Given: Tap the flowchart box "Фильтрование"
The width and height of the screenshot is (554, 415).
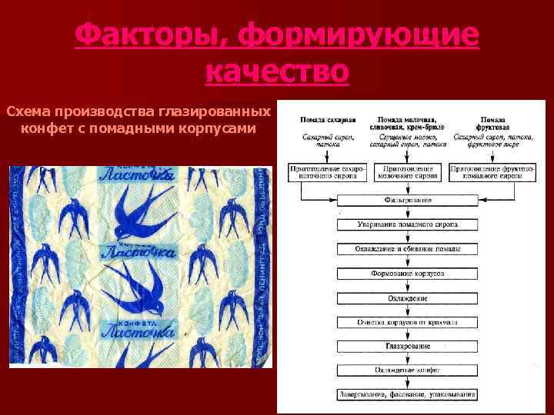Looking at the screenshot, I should tap(408, 201).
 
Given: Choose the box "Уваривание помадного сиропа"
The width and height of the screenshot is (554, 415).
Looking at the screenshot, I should tap(408, 226).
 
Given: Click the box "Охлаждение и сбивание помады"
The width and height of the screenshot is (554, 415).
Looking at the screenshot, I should tap(408, 250).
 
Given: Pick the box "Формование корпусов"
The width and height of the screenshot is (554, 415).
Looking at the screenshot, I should tap(408, 274).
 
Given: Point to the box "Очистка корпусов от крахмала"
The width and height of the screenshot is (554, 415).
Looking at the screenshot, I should tap(408, 322).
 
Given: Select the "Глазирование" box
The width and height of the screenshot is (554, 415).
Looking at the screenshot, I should tap(408, 346).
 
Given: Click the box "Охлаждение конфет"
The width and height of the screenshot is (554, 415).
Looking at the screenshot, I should tap(408, 370).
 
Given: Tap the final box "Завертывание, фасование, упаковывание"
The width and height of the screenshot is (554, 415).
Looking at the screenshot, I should tap(408, 395).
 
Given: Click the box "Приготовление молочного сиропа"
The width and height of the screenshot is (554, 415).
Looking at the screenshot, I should tap(408, 171).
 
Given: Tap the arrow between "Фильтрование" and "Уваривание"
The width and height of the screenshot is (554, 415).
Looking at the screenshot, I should tap(408, 214).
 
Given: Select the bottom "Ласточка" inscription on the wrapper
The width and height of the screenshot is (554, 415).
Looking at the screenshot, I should tap(135, 331).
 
